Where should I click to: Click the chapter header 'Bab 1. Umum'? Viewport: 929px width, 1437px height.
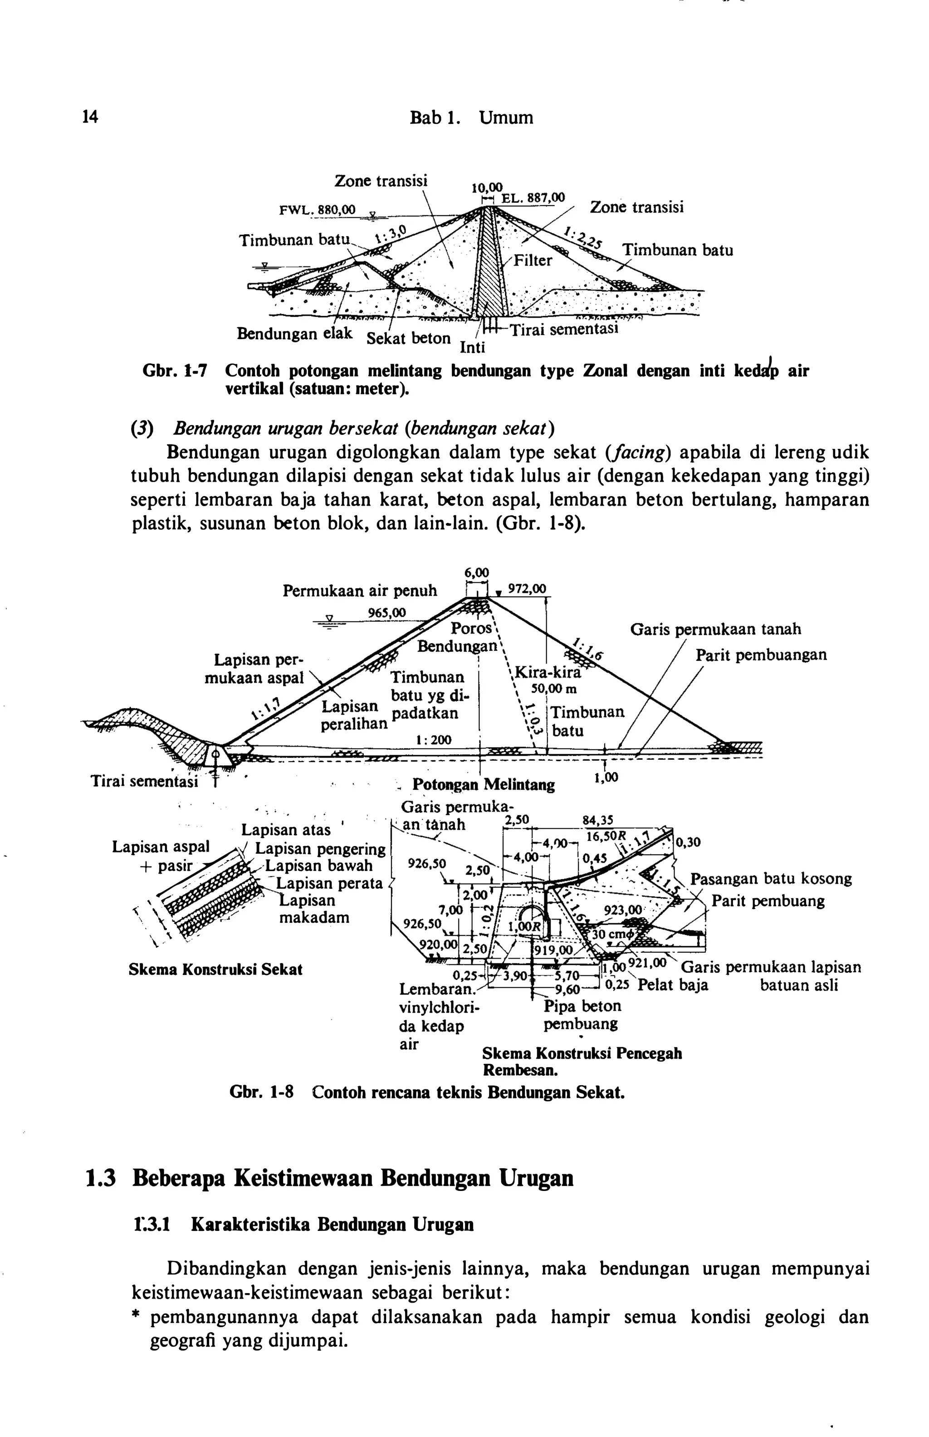pyautogui.click(x=471, y=117)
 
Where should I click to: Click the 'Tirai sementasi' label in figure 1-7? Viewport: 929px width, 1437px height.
pyautogui.click(x=565, y=330)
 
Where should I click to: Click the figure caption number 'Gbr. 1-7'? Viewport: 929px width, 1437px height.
pyautogui.click(x=174, y=370)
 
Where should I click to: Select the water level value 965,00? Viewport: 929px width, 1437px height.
pyautogui.click(x=386, y=613)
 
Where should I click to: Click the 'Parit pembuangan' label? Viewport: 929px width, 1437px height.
pyautogui.click(x=761, y=655)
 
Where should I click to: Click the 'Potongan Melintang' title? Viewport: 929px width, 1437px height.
pyautogui.click(x=483, y=785)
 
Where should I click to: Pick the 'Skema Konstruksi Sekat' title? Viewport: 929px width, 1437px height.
pyautogui.click(x=215, y=970)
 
